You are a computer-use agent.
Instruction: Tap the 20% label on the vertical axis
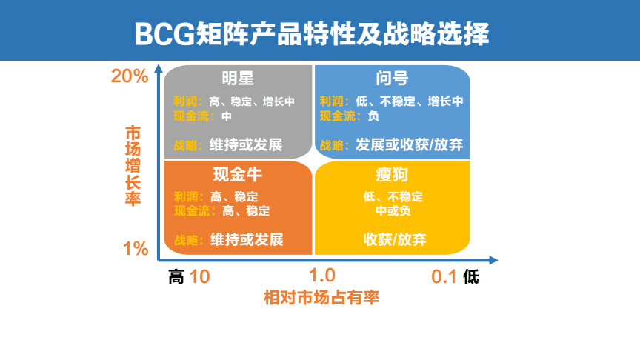130,76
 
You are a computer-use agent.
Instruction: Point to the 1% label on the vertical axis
136,248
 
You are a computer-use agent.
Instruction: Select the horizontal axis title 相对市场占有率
321,298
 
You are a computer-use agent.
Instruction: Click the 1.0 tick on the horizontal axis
323,276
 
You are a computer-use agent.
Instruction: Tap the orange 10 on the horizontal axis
199,277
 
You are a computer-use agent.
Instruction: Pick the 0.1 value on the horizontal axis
444,277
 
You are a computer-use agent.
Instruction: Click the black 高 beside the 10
176,277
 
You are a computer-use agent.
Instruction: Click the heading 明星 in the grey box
238,79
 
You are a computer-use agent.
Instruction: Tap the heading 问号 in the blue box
392,79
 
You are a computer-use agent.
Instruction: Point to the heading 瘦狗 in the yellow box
393,176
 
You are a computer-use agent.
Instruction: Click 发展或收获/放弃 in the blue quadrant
409,144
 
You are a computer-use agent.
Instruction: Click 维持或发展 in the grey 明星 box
246,144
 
